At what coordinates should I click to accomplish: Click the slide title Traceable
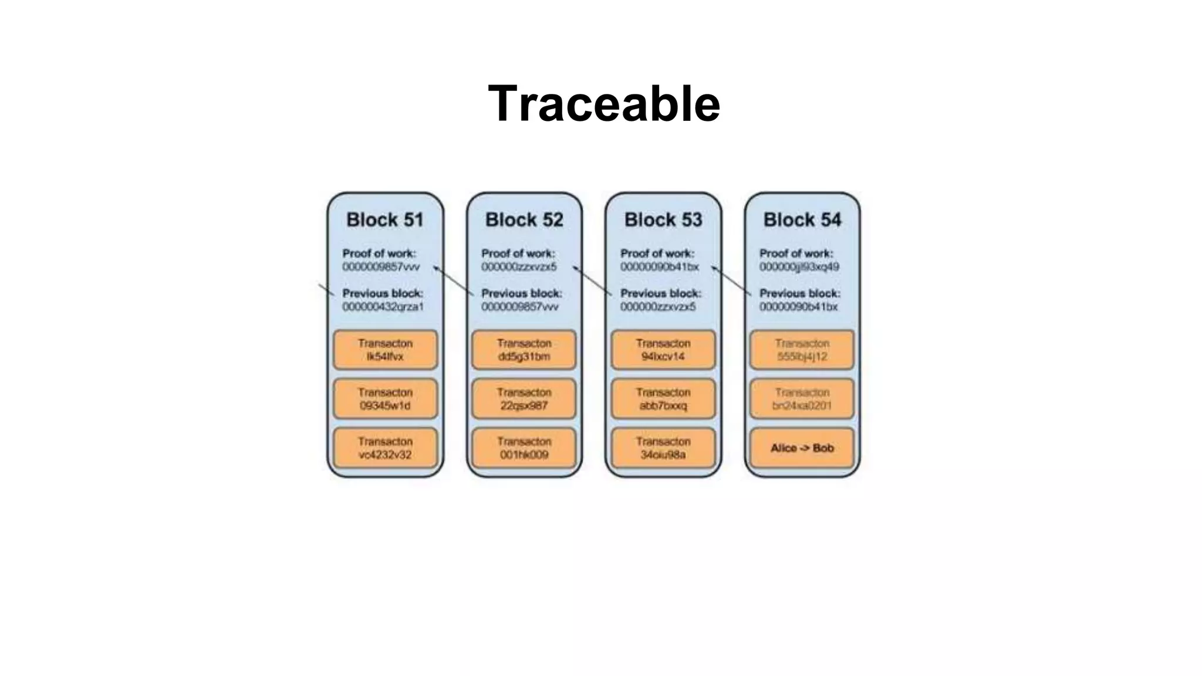pos(604,104)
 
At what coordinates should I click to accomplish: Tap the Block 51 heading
pos(385,220)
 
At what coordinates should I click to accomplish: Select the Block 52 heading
pos(524,220)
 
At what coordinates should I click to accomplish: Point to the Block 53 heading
pos(663,220)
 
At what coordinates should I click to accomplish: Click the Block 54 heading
pos(802,220)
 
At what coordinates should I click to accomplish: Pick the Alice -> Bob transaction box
pos(802,448)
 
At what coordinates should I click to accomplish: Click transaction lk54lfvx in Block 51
pos(385,350)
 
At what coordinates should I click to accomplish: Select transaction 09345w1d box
pos(385,399)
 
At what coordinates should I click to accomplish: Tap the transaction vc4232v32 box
pos(385,448)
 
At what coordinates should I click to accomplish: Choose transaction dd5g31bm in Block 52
pos(524,350)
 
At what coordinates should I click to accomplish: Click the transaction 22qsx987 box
pos(524,399)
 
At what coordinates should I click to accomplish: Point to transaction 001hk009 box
pos(524,448)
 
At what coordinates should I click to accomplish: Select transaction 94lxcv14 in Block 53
pos(663,350)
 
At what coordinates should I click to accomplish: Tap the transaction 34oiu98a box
pos(663,448)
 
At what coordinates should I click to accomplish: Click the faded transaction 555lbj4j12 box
pos(802,350)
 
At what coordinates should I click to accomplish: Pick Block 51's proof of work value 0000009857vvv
pos(381,267)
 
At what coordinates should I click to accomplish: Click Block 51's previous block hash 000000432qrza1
pos(383,307)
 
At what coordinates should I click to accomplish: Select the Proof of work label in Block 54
pos(796,253)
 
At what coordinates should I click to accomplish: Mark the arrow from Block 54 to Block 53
pos(731,280)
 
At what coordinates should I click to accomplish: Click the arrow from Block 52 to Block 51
pos(453,280)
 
